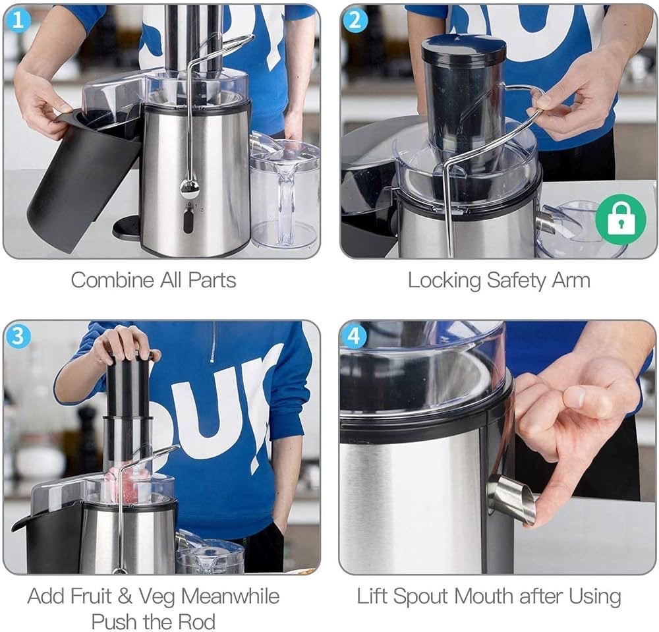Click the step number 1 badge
point(18,20)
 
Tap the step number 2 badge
point(355,20)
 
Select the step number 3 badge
point(18,336)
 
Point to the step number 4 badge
point(355,336)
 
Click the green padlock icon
point(621,219)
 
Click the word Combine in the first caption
point(112,280)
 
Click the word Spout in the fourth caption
point(422,597)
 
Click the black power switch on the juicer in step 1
point(188,221)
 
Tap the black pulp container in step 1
point(84,177)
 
